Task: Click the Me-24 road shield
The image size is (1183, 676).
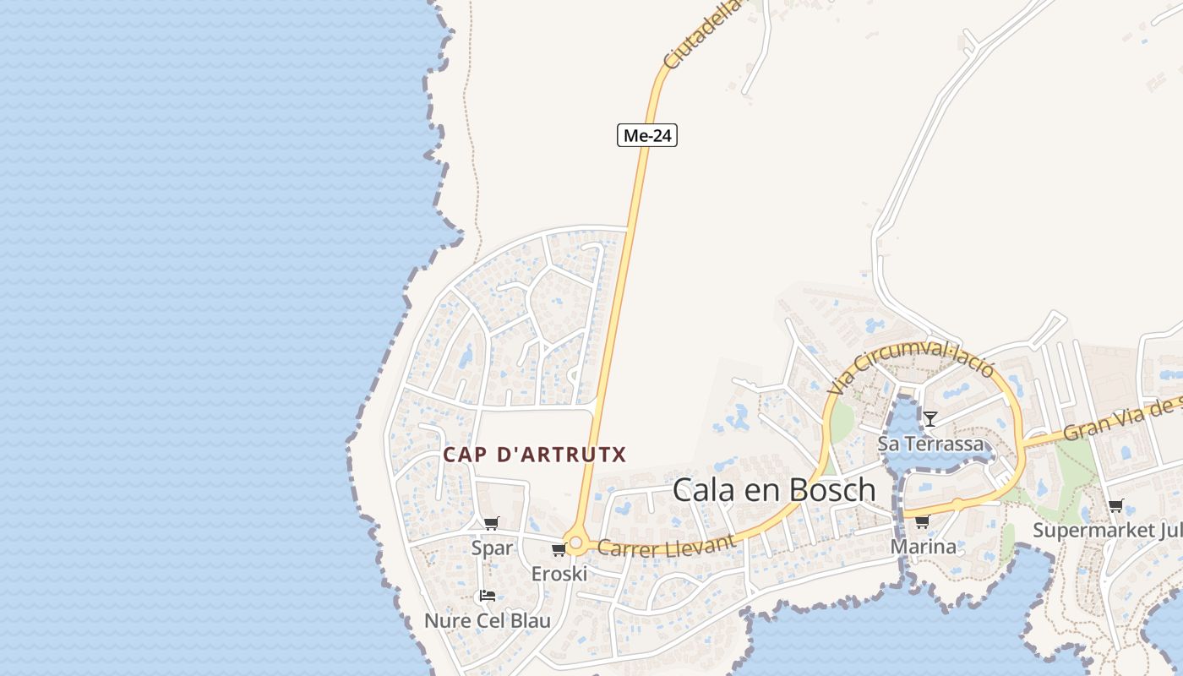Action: click(647, 134)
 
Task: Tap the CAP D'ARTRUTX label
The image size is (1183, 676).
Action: click(535, 455)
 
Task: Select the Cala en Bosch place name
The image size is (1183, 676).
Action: click(774, 489)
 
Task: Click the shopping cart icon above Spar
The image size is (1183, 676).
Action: click(492, 523)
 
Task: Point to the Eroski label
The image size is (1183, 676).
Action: click(559, 574)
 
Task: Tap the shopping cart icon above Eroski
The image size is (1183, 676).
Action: click(559, 550)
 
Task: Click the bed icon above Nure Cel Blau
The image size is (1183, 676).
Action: click(488, 596)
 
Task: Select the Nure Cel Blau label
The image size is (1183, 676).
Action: click(488, 621)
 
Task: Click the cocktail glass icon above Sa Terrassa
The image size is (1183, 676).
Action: click(930, 418)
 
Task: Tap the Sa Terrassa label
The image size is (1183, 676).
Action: click(930, 444)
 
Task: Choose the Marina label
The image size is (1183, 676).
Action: click(924, 547)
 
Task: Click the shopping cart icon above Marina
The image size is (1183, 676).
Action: click(923, 521)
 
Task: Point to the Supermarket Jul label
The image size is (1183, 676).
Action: click(1107, 531)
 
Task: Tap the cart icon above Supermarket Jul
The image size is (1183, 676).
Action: click(1115, 506)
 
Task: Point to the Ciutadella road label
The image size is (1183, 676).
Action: click(701, 36)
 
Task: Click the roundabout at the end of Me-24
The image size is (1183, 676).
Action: click(575, 542)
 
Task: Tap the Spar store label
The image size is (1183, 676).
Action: click(492, 548)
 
